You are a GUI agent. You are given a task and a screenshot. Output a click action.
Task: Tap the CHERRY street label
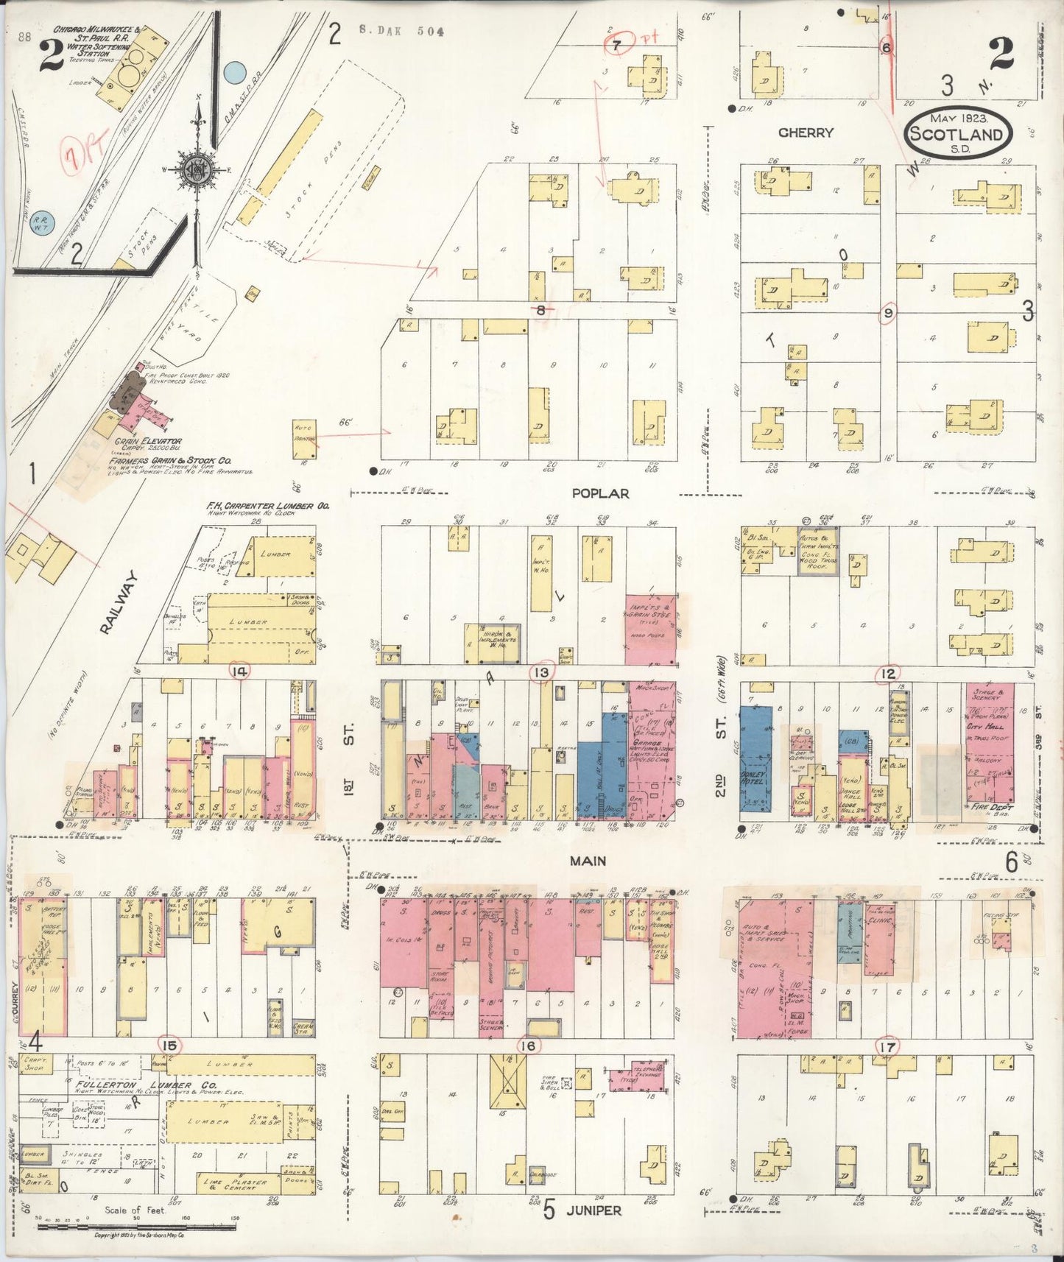tap(806, 133)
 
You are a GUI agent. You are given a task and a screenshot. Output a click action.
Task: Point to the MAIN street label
tap(588, 860)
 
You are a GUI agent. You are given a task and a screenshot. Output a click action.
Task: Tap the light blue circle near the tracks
tap(234, 72)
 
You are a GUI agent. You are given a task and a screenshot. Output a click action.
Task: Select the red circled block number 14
tap(239, 670)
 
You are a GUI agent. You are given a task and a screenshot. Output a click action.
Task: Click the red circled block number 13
tap(543, 671)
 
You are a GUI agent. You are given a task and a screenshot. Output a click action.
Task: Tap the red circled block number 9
tap(889, 313)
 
